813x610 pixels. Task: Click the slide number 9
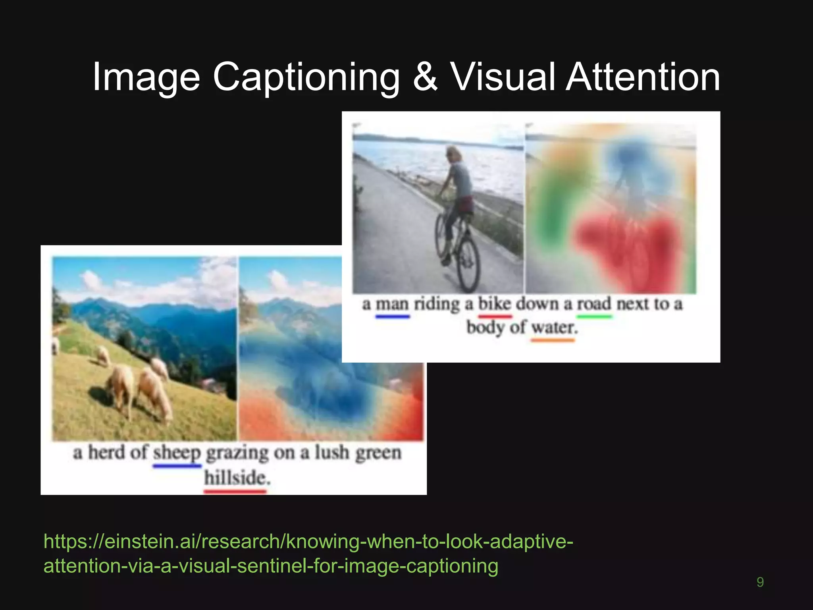[760, 582]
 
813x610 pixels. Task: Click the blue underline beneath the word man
[392, 317]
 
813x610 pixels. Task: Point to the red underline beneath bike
[495, 317]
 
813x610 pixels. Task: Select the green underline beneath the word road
[594, 317]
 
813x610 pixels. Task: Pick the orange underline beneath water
[553, 340]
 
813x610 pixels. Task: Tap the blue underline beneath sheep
[177, 466]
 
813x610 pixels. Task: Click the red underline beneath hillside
[235, 492]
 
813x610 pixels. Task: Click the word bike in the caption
[494, 304]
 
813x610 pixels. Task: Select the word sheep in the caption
[177, 453]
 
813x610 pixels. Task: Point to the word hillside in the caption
[237, 478]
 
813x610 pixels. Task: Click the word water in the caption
[554, 328]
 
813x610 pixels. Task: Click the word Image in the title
[146, 77]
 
